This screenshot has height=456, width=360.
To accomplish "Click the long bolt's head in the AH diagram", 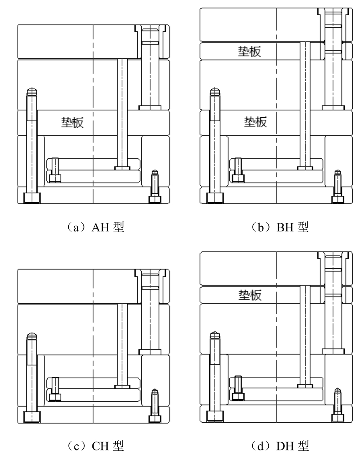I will pyautogui.click(x=32, y=198).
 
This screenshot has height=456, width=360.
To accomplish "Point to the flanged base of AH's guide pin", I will pyautogui.click(x=150, y=107).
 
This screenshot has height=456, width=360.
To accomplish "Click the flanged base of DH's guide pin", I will pyautogui.click(x=333, y=351).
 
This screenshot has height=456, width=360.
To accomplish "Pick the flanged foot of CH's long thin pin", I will pyautogui.click(x=122, y=387).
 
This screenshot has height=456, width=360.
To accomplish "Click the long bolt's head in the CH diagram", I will pyautogui.click(x=32, y=417).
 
